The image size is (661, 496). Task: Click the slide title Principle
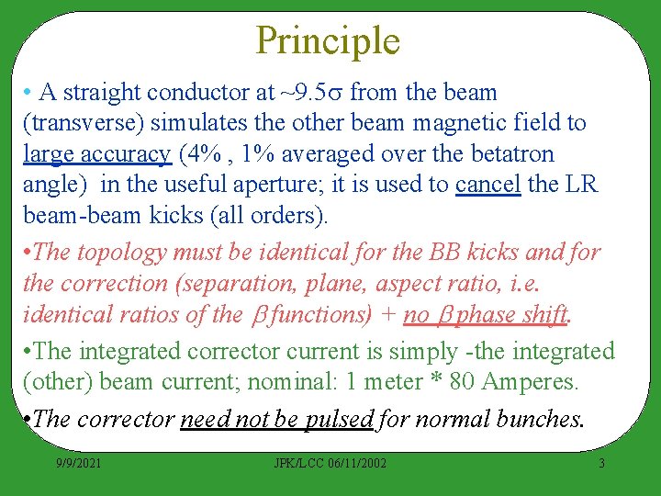tap(328, 41)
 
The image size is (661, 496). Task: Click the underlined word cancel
tap(487, 184)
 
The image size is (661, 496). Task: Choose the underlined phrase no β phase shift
tap(486, 314)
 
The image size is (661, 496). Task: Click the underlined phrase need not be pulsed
tap(276, 420)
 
